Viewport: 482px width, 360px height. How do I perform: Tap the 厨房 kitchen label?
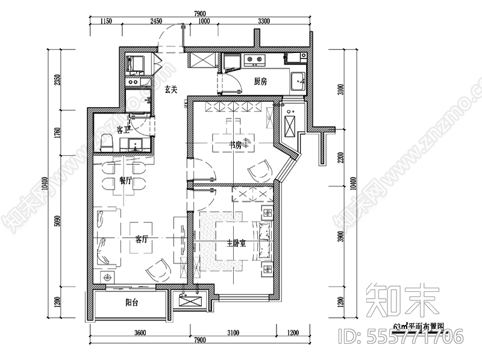pos(260,81)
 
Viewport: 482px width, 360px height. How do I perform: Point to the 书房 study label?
pos(235,145)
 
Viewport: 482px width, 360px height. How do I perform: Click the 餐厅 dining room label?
pos(125,180)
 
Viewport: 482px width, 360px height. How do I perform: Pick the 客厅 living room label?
pos(142,238)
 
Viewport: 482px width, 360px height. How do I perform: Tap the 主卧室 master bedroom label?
pos(236,244)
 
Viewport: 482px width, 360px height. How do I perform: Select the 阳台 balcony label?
pos(132,303)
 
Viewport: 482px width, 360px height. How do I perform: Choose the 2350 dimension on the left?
pos(56,81)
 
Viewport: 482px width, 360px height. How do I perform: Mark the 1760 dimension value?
pos(56,132)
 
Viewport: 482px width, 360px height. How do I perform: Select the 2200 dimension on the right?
pos(341,158)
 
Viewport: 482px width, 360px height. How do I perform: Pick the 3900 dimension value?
pos(341,239)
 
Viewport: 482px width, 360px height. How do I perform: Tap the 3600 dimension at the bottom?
pos(140,332)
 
